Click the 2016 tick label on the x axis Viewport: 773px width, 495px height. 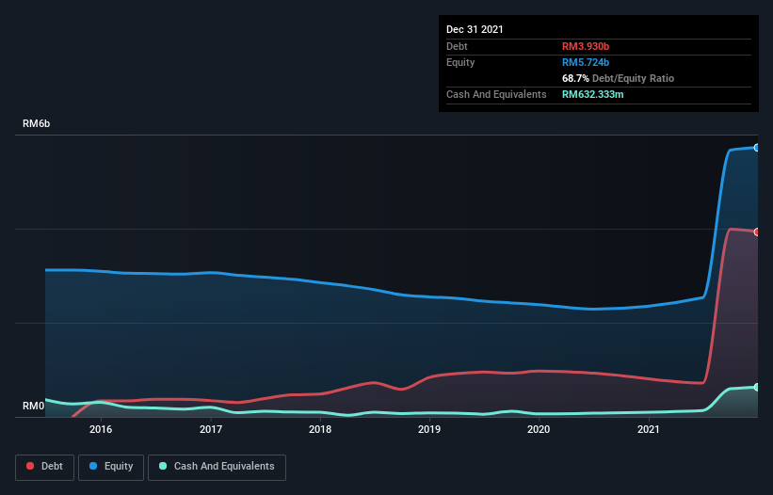click(101, 429)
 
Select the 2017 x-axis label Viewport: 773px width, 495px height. click(211, 429)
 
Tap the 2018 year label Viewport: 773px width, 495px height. click(320, 429)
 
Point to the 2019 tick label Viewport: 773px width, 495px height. click(429, 429)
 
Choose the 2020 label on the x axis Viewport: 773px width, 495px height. click(539, 429)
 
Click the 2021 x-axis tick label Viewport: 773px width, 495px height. click(648, 429)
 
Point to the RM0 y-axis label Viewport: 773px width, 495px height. click(33, 407)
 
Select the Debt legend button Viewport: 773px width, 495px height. click(45, 467)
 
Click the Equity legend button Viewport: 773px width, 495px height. click(110, 467)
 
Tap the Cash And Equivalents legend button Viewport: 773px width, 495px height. click(217, 467)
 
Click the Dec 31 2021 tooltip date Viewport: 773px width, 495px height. click(475, 29)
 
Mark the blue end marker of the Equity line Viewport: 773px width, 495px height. click(756, 148)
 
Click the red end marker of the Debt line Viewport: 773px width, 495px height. click(756, 232)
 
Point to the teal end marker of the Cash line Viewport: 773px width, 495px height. click(756, 387)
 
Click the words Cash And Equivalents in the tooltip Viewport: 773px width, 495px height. click(496, 94)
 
